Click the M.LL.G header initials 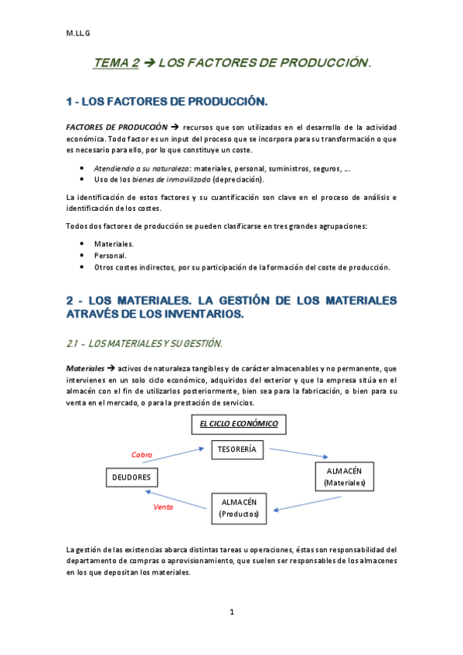click(77, 32)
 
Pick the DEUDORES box click(131, 478)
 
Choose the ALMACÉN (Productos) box click(240, 507)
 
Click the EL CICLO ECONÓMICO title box click(238, 424)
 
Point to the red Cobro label click(142, 455)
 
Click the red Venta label click(163, 507)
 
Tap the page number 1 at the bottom click(231, 612)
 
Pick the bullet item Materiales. click(114, 243)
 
